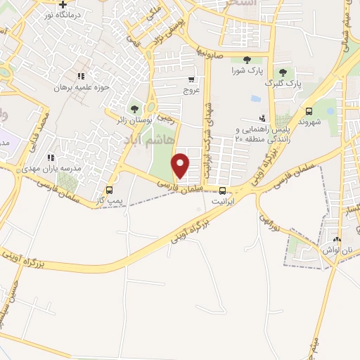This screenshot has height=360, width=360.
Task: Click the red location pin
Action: coord(181,165)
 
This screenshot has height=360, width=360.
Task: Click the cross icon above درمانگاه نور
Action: coord(63,4)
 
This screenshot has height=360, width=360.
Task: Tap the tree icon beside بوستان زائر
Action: coord(134,109)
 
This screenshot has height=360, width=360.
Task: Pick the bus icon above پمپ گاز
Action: coord(109,190)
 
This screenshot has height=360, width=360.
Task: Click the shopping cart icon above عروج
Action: coord(192,79)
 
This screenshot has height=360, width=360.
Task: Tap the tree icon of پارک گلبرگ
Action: coord(283,72)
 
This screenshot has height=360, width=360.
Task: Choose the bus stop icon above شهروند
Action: coord(309,110)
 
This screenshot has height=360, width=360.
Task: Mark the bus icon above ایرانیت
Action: coord(223,190)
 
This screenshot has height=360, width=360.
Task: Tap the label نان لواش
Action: coord(337,250)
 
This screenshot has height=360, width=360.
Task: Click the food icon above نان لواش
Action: coord(337,240)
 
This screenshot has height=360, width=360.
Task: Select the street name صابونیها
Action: coord(211,51)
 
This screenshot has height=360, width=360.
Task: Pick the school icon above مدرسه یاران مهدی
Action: coord(50,158)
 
